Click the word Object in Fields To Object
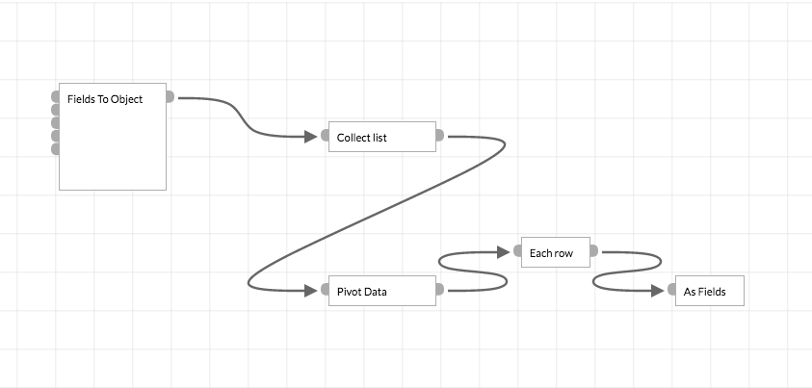[125, 98]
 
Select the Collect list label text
[361, 138]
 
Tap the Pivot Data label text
[361, 292]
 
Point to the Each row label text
[551, 253]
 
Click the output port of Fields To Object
[170, 96]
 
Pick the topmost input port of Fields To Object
[55, 96]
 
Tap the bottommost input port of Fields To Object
[55, 149]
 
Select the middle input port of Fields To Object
[55, 122]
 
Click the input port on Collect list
[325, 136]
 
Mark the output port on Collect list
[439, 136]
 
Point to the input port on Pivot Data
[325, 290]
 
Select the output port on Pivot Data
[439, 290]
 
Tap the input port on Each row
[517, 251]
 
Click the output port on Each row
[593, 251]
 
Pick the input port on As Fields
[671, 290]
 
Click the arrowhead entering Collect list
[310, 136]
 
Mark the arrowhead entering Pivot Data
[310, 290]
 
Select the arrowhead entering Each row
[502, 251]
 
